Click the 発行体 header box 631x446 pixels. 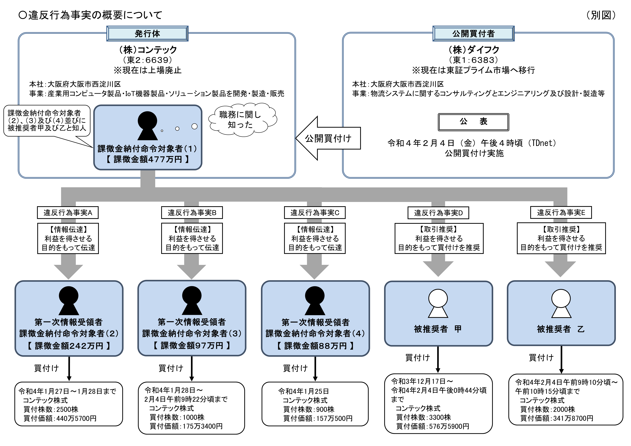(x=147, y=34)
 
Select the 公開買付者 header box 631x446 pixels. (x=473, y=34)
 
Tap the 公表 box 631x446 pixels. (x=473, y=122)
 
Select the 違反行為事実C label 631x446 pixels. (x=315, y=213)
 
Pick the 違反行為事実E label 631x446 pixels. (x=561, y=213)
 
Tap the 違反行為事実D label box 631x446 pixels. (x=438, y=213)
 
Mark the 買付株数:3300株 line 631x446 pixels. (x=424, y=417)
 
